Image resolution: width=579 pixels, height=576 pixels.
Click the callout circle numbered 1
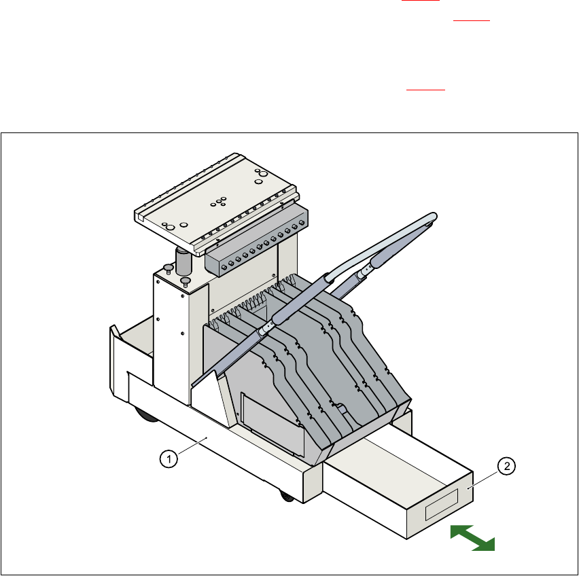[169, 459]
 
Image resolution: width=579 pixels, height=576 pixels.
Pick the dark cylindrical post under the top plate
[183, 262]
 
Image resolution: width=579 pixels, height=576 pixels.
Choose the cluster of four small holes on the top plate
[220, 201]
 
